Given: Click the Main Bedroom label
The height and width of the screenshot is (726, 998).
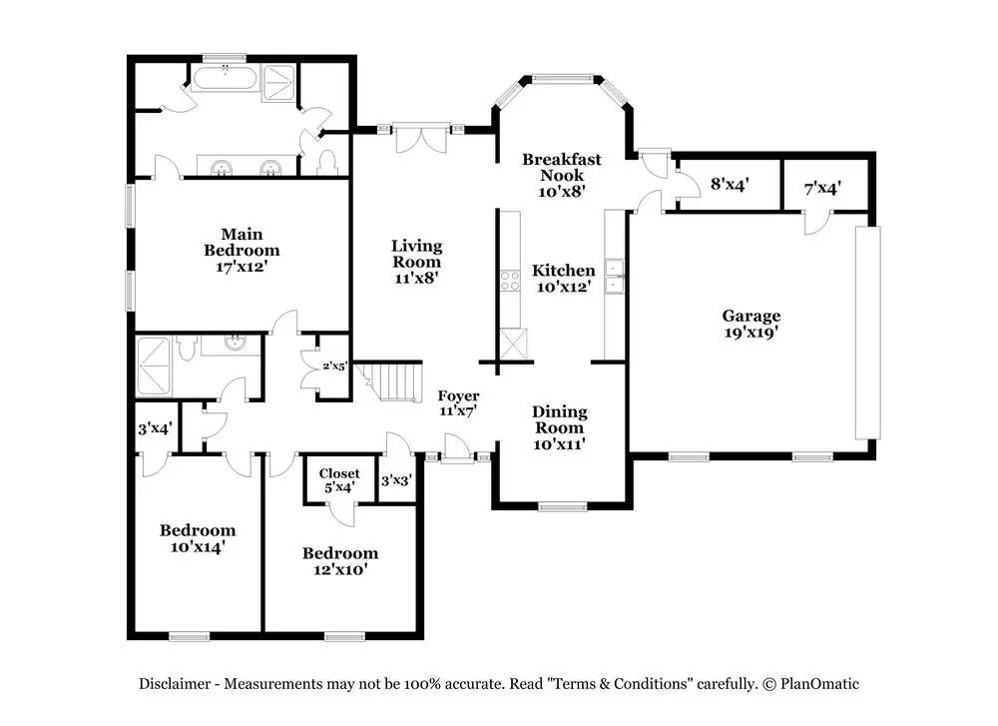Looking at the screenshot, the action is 242,251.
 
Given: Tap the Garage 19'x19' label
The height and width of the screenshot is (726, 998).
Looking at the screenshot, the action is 751,324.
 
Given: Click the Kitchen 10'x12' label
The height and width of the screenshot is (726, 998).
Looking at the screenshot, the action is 563,279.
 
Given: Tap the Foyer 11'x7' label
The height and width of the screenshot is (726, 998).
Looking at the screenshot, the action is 458,403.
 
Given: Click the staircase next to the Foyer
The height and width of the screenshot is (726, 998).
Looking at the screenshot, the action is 389,381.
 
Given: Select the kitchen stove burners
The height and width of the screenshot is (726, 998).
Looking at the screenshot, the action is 510,281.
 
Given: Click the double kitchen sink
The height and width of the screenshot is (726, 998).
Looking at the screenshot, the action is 614,277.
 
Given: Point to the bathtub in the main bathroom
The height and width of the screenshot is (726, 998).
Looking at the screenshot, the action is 225,79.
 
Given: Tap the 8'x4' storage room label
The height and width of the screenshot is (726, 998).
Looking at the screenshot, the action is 730,184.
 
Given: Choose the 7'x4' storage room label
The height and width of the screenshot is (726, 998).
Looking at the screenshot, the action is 822,189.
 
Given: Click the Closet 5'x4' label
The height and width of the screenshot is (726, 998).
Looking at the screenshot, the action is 339,480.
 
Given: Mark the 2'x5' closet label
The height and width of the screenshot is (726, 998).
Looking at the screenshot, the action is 335,366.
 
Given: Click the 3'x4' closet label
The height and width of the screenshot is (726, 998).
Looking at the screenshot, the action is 156,429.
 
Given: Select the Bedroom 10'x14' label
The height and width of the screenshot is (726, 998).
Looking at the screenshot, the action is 198,538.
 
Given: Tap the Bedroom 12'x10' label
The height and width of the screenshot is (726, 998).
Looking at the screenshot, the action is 340,561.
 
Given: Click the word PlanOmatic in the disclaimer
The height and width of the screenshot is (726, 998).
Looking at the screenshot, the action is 819,684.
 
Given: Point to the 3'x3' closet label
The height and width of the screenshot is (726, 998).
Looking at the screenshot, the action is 397,480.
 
